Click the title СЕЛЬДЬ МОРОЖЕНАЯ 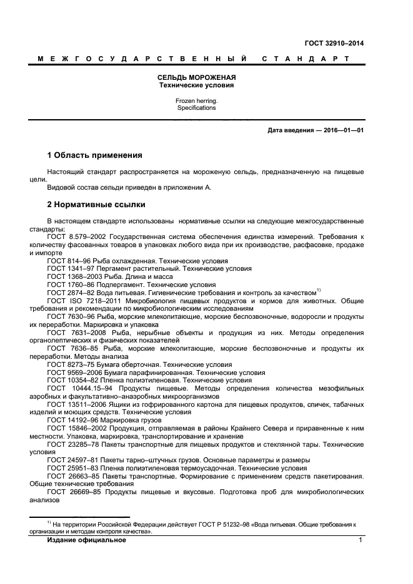pyautogui.click(x=196, y=77)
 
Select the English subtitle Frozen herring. pyautogui.click(x=196, y=100)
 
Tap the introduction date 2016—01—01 pyautogui.click(x=343, y=130)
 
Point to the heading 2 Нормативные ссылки pyautogui.click(x=97, y=204)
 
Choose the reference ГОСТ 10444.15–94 pyautogui.click(x=79, y=387)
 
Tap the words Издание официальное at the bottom pyautogui.click(x=87, y=540)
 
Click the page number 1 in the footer pyautogui.click(x=361, y=540)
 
